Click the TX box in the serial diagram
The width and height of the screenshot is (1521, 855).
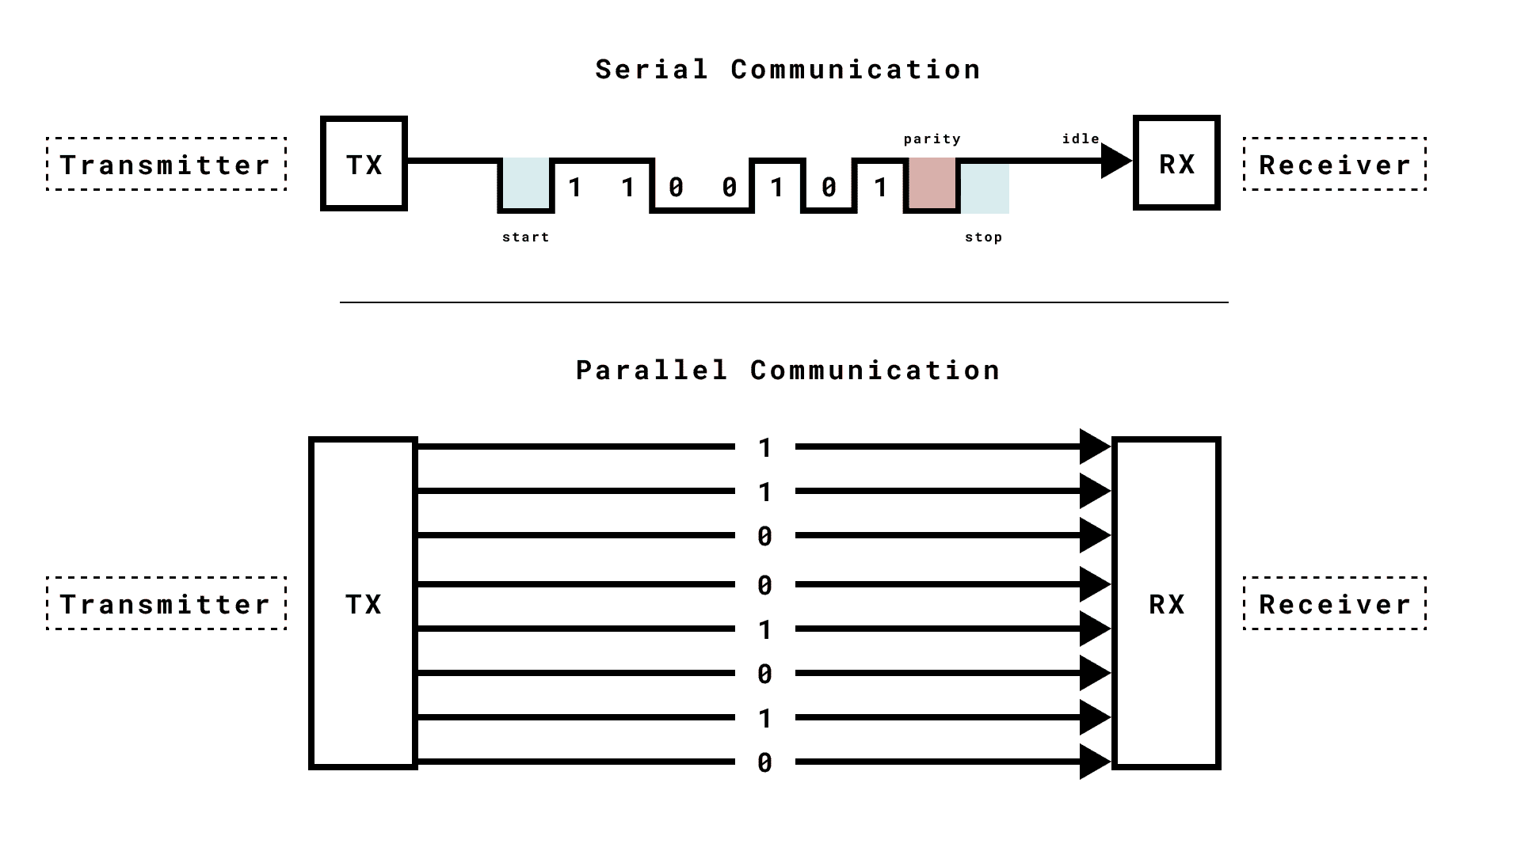tap(364, 164)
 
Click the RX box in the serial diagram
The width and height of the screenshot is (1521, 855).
tap(1176, 164)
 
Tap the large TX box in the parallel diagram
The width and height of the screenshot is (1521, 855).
tap(363, 603)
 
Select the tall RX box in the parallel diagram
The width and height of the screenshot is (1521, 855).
tap(1167, 603)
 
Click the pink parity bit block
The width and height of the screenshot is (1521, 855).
tap(932, 183)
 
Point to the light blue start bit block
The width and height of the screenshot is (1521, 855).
tap(525, 183)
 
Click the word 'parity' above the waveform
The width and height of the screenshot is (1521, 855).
tap(932, 139)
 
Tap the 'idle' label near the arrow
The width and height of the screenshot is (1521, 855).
tap(1081, 139)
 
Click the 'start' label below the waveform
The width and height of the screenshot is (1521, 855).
tap(525, 237)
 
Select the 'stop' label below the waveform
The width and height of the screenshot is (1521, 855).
tap(984, 237)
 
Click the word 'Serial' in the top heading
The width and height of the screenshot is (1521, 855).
tap(652, 70)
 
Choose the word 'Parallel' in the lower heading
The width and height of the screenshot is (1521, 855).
tap(651, 370)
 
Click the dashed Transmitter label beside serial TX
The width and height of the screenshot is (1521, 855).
tap(166, 164)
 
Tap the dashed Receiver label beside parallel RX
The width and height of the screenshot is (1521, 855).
tap(1335, 603)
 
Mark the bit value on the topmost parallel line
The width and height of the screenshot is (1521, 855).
tap(764, 448)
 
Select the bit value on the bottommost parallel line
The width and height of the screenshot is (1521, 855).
tap(764, 762)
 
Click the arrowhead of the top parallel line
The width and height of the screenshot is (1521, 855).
tap(1094, 446)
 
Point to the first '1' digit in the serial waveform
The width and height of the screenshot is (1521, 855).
tap(575, 188)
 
